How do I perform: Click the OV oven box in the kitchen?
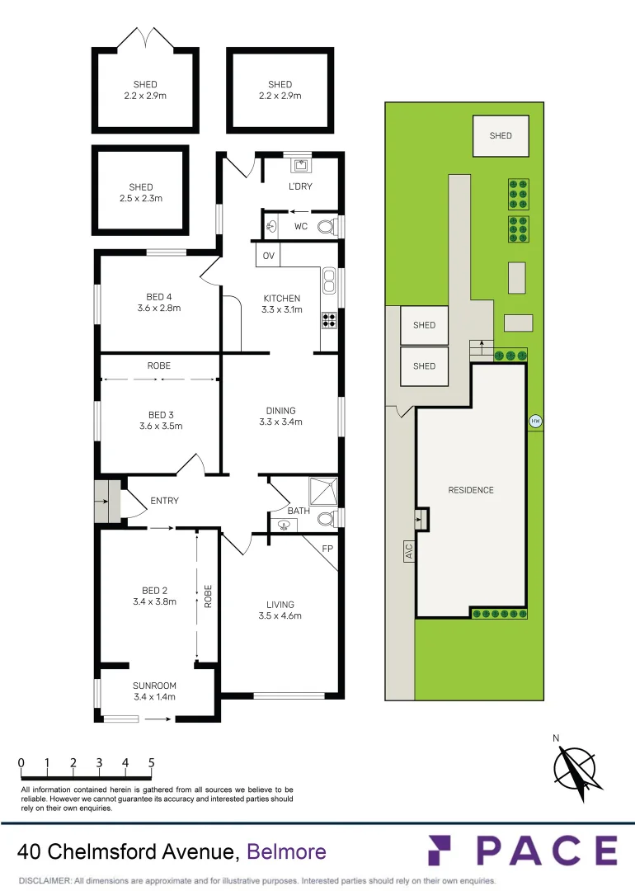coord(268,255)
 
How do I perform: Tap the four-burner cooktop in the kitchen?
coord(329,320)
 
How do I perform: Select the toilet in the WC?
coord(327,227)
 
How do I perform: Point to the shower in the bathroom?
coord(322,492)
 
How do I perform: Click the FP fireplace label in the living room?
coord(327,549)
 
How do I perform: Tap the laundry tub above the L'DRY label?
coord(299,165)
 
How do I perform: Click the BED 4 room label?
coord(159,297)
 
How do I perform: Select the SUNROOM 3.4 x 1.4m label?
coord(154,691)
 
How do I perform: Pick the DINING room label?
coord(280,410)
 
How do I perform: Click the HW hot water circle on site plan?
coord(535,421)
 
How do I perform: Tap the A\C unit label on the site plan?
coord(409,550)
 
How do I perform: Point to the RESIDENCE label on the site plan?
coord(471,490)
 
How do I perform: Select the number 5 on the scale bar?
coord(151,762)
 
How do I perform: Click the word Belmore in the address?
coord(286,851)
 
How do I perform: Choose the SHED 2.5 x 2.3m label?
coord(141,192)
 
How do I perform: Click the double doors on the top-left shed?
coord(145,38)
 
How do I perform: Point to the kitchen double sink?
coord(329,280)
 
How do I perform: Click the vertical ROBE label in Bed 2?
coord(208,596)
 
